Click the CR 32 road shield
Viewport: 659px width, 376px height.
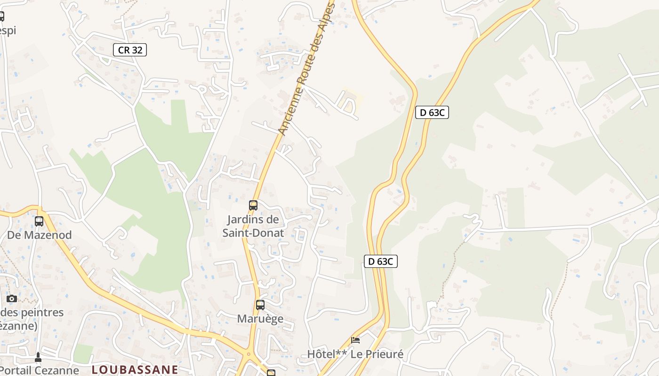coord(130,50)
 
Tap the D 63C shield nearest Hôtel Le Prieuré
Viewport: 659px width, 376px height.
coord(380,261)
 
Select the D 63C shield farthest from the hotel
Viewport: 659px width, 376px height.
coord(432,112)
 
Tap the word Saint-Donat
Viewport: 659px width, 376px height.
coord(253,233)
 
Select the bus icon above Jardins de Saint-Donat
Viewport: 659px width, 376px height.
coord(253,205)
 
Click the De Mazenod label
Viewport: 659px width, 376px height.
coord(40,235)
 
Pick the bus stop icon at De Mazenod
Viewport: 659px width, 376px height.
coord(39,221)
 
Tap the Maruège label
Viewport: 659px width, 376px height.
coord(260,319)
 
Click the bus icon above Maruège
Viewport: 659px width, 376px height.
coord(260,305)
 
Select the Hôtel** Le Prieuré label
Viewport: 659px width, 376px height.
coord(355,354)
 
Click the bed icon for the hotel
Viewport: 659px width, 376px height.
coord(355,340)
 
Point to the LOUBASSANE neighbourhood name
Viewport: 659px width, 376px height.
coord(135,369)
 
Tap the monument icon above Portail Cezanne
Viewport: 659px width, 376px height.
coord(38,358)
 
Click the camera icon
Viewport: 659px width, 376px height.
coord(12,298)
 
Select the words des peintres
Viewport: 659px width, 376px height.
coord(32,313)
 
